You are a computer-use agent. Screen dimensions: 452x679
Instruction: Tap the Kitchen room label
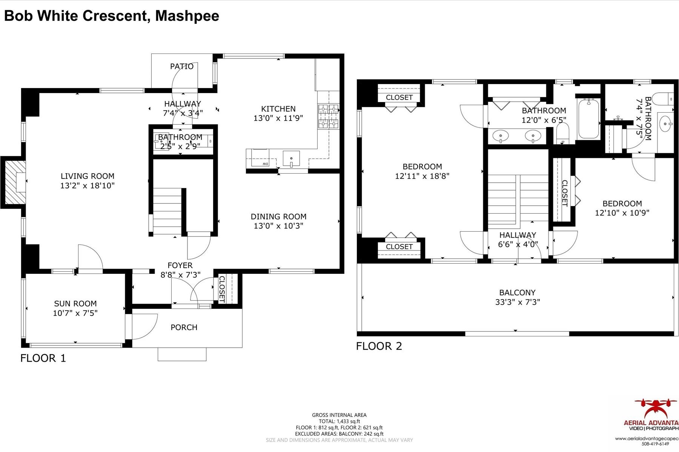point(278,109)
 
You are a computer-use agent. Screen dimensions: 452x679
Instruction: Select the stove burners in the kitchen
point(328,116)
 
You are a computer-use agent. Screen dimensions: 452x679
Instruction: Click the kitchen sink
point(291,159)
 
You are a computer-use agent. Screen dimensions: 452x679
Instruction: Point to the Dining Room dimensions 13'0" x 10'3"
point(278,226)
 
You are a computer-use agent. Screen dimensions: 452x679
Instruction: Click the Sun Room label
point(75,304)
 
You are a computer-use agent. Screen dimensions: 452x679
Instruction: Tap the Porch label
point(184,327)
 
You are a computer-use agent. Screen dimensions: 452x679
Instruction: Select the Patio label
point(182,67)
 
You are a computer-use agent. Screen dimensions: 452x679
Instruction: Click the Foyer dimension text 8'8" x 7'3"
point(180,275)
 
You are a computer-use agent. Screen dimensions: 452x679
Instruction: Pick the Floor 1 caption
point(43,358)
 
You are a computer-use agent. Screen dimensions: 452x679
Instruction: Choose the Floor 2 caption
point(379,346)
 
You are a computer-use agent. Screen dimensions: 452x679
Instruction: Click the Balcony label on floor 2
point(517,293)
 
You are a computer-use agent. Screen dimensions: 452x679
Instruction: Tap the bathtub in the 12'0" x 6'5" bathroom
point(588,119)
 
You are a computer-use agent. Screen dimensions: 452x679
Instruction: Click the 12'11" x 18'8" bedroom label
point(422,166)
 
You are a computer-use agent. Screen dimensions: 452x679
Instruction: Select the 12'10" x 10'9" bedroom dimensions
point(622,213)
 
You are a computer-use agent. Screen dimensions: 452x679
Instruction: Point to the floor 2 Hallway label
point(518,235)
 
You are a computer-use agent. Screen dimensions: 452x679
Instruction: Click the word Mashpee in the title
point(187,16)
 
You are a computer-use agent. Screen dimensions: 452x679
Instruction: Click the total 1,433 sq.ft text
point(339,421)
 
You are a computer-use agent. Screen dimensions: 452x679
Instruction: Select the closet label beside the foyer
point(222,289)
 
